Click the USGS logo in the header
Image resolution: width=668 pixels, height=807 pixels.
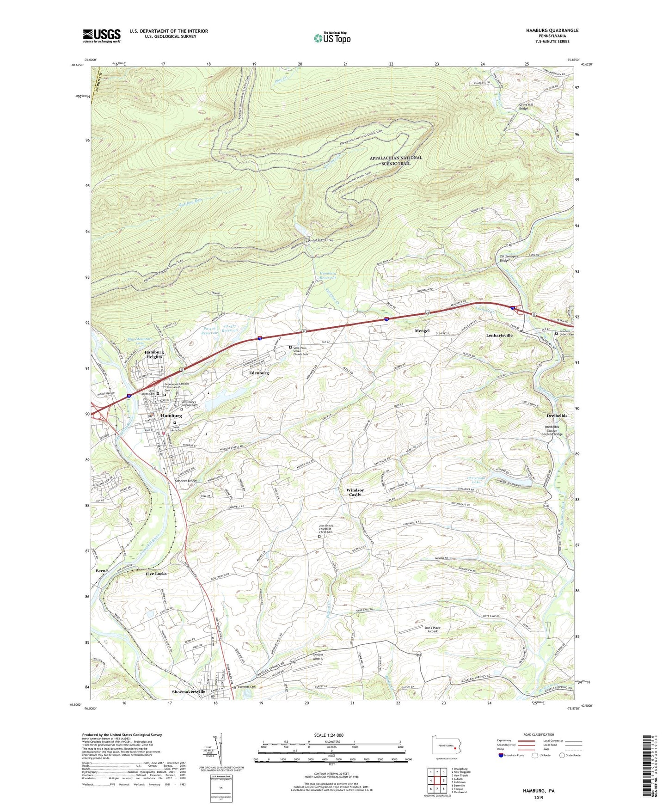pyautogui.click(x=101, y=36)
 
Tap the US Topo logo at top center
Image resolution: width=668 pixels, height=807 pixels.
pyautogui.click(x=332, y=38)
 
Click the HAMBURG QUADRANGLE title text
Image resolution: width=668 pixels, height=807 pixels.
pyautogui.click(x=552, y=31)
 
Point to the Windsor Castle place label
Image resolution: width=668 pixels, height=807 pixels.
pyautogui.click(x=355, y=492)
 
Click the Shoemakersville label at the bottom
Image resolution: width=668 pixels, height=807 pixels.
pyautogui.click(x=188, y=691)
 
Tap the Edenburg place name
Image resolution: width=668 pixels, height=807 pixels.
pyautogui.click(x=259, y=373)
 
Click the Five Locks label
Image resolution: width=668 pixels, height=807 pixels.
pyautogui.click(x=156, y=574)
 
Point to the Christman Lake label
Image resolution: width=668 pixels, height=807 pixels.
pyautogui.click(x=476, y=480)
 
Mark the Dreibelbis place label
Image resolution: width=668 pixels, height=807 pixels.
pyautogui.click(x=554, y=416)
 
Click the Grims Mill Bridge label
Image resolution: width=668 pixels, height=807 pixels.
pyautogui.click(x=529, y=107)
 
